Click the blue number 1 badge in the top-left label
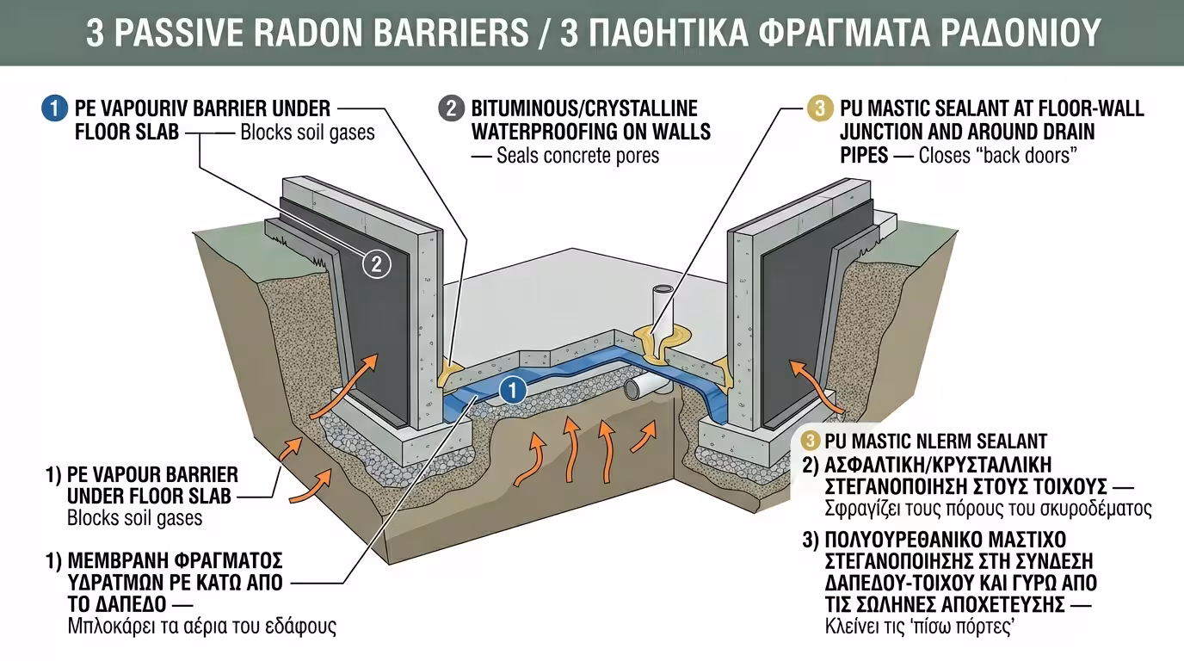53,109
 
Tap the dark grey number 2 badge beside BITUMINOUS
450,109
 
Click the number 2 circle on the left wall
375,264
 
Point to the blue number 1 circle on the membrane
512,391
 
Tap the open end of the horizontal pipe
632,390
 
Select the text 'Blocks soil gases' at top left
307,134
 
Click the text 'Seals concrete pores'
577,157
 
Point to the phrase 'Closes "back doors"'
999,157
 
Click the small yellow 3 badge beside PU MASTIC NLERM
810,442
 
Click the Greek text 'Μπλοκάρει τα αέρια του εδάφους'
201,627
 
